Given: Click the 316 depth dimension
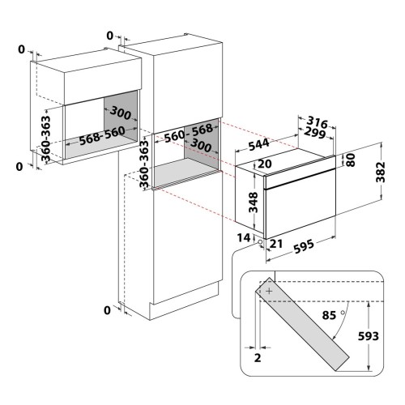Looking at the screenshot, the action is pyautogui.click(x=318, y=122).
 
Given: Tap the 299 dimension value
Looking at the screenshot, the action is pyautogui.click(x=314, y=133).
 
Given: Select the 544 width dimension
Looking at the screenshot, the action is pyautogui.click(x=258, y=144).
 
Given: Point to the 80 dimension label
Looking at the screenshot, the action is pyautogui.click(x=350, y=160).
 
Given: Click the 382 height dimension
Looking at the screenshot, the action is pyautogui.click(x=381, y=173).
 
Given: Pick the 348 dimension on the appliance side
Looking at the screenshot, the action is pyautogui.click(x=253, y=202).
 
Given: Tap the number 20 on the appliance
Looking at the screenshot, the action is pyautogui.click(x=265, y=164).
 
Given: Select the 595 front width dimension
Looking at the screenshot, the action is pyautogui.click(x=304, y=246).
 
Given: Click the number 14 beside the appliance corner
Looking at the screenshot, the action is pyautogui.click(x=244, y=238).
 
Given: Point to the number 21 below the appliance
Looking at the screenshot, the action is pyautogui.click(x=276, y=244).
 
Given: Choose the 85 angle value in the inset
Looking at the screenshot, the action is pyautogui.click(x=329, y=315).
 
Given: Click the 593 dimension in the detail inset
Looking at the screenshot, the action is pyautogui.click(x=369, y=336).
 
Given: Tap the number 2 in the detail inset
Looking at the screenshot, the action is pyautogui.click(x=258, y=358).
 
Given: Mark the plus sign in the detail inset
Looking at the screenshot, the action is pyautogui.click(x=269, y=291).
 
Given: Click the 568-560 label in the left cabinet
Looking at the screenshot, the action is pyautogui.click(x=102, y=135).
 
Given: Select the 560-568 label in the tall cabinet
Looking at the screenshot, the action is pyautogui.click(x=189, y=133).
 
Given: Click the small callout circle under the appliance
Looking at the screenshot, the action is pyautogui.click(x=260, y=242).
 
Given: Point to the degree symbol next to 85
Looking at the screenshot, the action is pyautogui.click(x=343, y=313).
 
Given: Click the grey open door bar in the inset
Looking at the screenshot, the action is pyautogui.click(x=302, y=324).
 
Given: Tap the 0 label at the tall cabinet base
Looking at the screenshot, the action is pyautogui.click(x=107, y=310).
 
